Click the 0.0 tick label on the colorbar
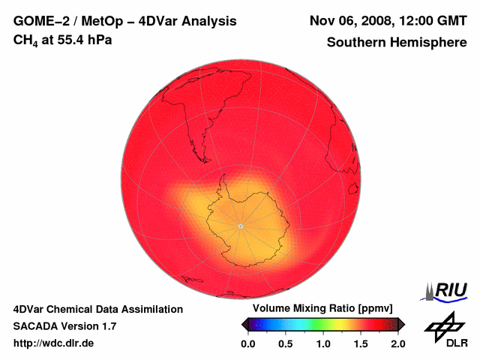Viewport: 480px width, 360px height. [247, 344]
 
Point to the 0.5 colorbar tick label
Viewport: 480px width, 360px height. [285, 344]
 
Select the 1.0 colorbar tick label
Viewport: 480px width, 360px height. [322, 344]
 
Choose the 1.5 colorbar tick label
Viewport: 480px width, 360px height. [360, 344]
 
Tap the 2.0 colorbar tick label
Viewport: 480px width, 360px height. [397, 344]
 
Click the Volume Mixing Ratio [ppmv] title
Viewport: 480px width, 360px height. [319, 309]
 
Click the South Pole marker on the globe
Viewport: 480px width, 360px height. [240, 226]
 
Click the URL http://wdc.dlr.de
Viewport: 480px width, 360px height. [54, 343]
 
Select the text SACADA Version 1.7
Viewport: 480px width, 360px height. [64, 326]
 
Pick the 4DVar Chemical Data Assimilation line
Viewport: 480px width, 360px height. [98, 309]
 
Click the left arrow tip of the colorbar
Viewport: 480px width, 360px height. [243, 324]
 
